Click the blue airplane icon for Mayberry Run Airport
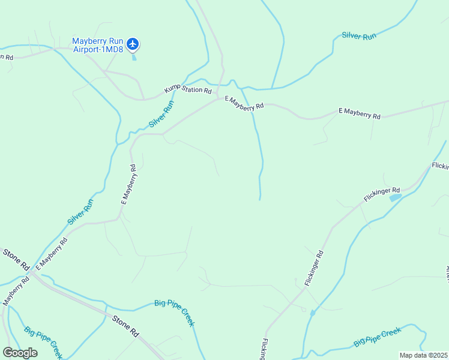[133, 44]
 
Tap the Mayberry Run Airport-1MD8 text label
[98, 45]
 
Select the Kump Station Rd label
[188, 91]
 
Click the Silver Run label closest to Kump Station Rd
[161, 113]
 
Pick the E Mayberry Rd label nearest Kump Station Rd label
[244, 103]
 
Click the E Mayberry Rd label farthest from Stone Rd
[359, 112]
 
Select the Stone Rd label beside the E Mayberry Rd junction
[16, 259]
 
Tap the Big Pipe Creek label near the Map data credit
[377, 337]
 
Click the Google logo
[20, 352]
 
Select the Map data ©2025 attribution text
[423, 355]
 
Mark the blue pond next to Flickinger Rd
[395, 197]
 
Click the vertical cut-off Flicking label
[264, 349]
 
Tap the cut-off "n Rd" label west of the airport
[6, 57]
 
